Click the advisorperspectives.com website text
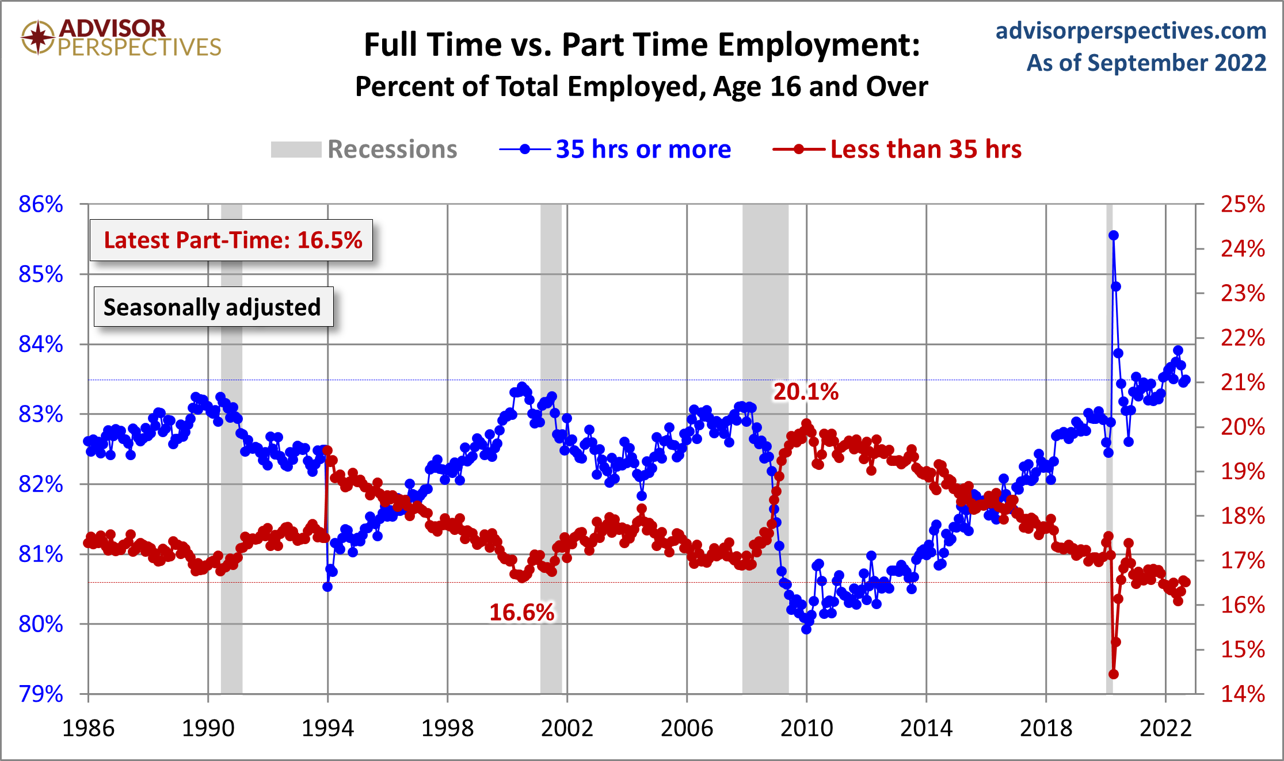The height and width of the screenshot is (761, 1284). [x=1130, y=30]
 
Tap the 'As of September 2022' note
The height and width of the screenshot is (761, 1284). [x=1146, y=63]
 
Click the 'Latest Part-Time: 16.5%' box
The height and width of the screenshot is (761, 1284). [x=231, y=240]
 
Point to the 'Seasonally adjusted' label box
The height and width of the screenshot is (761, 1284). [x=213, y=307]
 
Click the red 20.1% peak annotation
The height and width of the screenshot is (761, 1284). [x=805, y=392]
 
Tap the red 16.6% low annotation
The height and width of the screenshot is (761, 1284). [x=521, y=613]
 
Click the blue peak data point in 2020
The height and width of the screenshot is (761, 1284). [x=1113, y=235]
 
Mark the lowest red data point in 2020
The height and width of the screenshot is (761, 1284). [x=1113, y=674]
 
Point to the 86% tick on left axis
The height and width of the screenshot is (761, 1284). [x=41, y=204]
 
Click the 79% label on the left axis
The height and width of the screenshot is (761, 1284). [x=41, y=694]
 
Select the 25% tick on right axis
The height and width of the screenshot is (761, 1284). [x=1243, y=204]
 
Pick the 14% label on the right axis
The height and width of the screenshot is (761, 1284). [x=1243, y=694]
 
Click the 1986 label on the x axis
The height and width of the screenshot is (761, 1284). [x=88, y=728]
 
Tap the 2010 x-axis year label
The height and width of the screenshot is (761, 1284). [x=806, y=728]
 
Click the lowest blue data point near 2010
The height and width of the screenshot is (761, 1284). [x=806, y=629]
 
